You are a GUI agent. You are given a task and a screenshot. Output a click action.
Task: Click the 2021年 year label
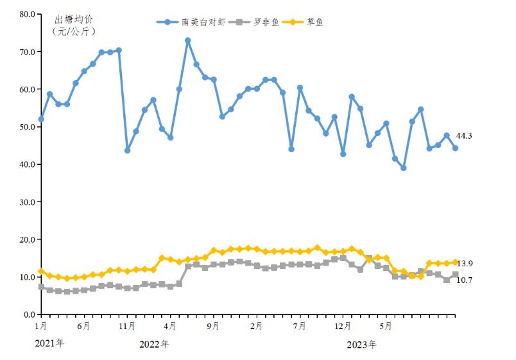pos(49,343)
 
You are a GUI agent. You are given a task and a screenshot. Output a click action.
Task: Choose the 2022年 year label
pos(154,344)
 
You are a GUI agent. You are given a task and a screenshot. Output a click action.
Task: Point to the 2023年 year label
pos(361,345)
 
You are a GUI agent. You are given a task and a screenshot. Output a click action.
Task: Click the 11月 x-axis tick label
pos(127,326)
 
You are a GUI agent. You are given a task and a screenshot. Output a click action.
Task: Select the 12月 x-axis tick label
pos(343,326)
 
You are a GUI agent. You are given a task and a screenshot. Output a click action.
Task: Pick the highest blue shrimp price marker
pos(188,40)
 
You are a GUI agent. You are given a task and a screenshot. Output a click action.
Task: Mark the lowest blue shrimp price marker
pos(404,168)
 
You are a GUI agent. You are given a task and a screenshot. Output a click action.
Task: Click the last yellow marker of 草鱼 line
pos(455,262)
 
